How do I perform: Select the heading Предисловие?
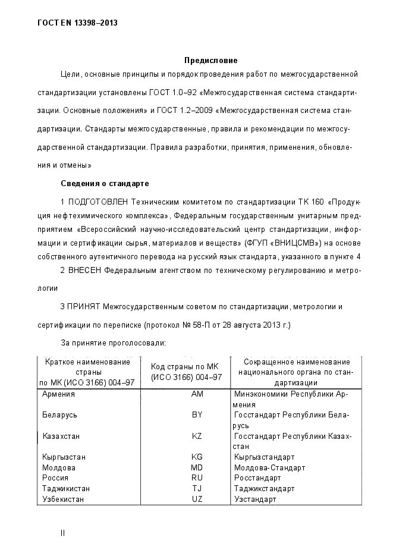click(210, 61)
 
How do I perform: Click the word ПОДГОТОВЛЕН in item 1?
click(98, 202)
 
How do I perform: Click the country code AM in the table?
click(197, 394)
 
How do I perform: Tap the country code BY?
click(197, 414)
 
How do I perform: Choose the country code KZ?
click(197, 436)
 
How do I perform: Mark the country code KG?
click(197, 457)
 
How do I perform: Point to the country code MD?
click(197, 467)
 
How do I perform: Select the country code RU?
click(197, 478)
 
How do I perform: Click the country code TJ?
click(197, 488)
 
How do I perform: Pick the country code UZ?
click(197, 499)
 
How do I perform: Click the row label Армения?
click(59, 394)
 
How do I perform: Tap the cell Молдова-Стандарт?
click(269, 467)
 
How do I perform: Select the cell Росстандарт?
click(257, 478)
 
